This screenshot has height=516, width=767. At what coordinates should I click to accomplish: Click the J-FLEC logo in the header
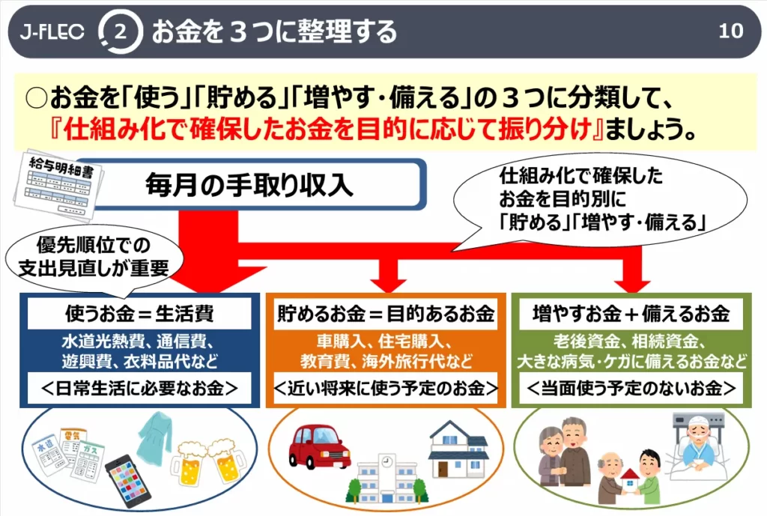(x=52, y=31)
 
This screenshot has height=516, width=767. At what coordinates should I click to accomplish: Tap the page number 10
(x=731, y=31)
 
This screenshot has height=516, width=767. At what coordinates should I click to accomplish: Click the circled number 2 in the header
(x=121, y=31)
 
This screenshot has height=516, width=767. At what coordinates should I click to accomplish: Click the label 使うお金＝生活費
(x=139, y=314)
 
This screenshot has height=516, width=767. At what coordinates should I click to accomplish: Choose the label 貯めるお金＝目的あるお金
(x=386, y=314)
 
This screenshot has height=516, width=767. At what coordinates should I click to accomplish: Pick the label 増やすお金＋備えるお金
(x=631, y=314)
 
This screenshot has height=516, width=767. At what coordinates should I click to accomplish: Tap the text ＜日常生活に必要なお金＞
(x=139, y=389)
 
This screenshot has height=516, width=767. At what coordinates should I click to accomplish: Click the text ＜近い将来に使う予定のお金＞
(x=386, y=389)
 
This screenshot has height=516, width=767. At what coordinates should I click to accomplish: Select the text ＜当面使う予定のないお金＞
(x=631, y=389)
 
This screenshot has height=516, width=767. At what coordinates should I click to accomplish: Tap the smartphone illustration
(x=128, y=482)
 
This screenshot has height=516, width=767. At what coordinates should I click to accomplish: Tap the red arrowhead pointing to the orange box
(x=388, y=285)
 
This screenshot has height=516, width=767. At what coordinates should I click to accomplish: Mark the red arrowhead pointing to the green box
(x=632, y=285)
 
